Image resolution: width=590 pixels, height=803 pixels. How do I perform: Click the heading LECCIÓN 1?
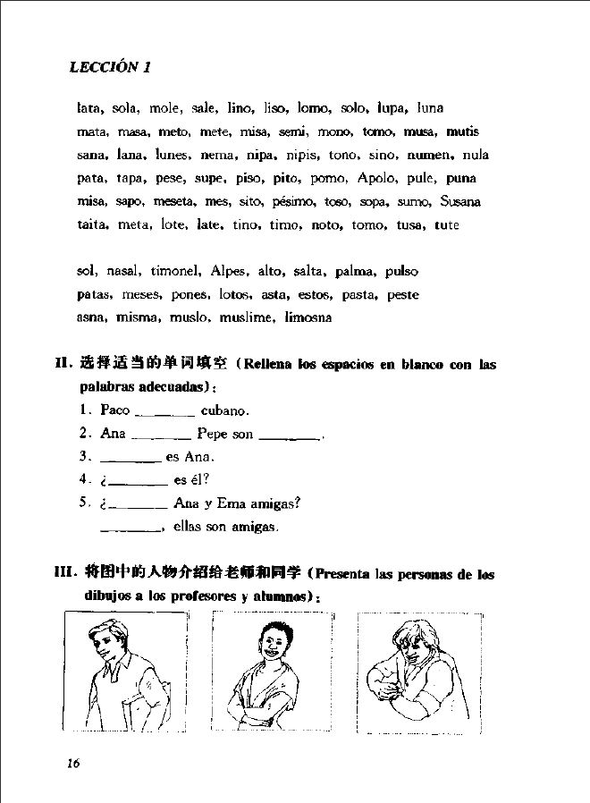click(x=111, y=68)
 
